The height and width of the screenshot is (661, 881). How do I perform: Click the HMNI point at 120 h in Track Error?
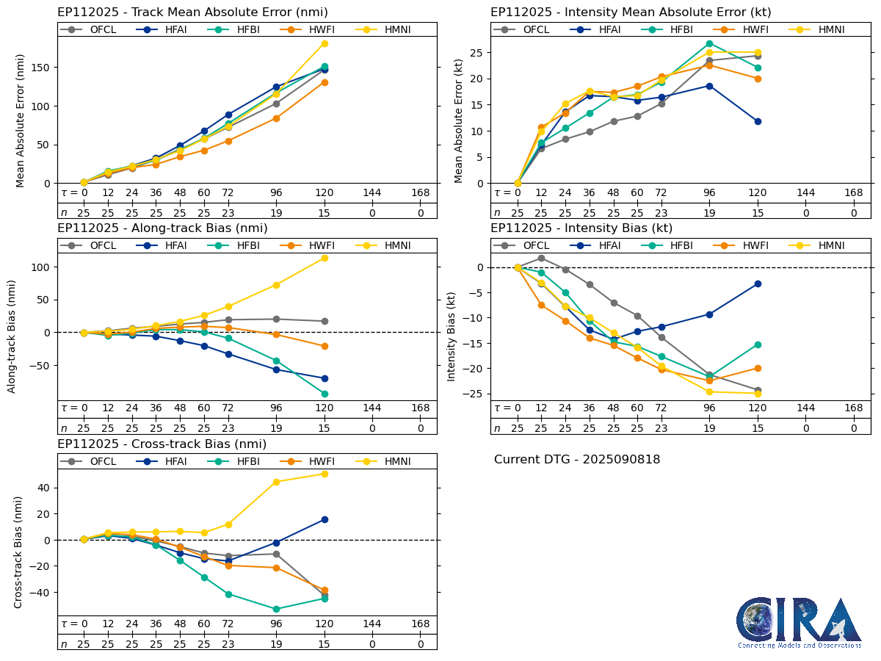(x=325, y=43)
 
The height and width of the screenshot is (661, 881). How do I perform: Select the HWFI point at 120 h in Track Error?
(x=325, y=82)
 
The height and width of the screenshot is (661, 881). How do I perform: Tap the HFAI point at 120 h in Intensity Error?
(x=758, y=121)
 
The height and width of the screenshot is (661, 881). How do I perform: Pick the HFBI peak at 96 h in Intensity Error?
(x=709, y=43)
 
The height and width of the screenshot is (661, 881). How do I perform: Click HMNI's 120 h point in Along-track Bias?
(x=325, y=258)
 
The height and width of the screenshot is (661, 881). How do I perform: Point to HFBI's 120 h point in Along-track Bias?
(x=325, y=394)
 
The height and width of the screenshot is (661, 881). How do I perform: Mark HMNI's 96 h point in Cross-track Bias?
(x=276, y=482)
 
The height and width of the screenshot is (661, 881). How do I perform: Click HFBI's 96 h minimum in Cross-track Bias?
(x=276, y=609)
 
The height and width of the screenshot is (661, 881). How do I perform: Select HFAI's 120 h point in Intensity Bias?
(x=758, y=283)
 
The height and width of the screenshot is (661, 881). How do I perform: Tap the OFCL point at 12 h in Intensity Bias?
(x=541, y=258)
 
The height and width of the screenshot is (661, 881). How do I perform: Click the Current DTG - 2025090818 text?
(x=577, y=460)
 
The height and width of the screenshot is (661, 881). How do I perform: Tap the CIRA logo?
(x=800, y=622)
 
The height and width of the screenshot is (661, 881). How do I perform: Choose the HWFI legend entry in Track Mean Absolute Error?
(x=305, y=29)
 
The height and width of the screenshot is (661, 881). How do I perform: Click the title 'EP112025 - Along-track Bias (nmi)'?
(x=162, y=228)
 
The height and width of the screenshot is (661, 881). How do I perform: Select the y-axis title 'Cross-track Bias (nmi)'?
(x=18, y=552)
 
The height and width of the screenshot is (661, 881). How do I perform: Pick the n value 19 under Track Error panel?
(x=276, y=213)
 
